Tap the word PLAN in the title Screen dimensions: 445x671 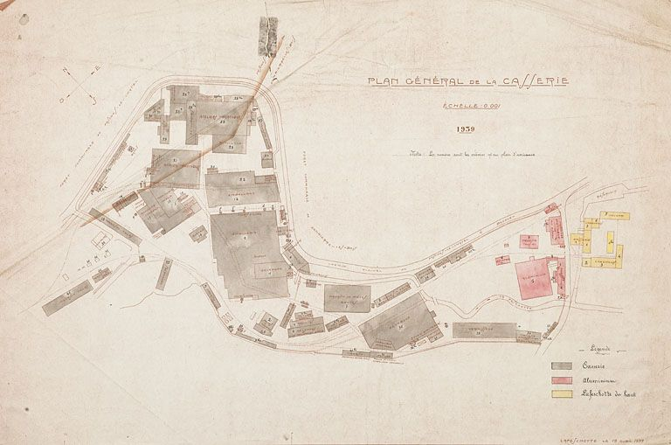384,82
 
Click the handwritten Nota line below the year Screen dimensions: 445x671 472,154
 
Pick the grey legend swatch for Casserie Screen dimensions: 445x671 562,365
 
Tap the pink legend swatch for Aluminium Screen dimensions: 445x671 562,380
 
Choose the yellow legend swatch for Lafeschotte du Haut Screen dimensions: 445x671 562,394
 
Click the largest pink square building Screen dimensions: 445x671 535,278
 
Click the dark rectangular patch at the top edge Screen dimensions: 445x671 268,37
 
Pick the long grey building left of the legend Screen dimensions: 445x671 485,330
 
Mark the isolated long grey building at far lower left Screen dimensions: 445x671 67,297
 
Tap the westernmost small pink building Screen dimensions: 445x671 502,260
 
